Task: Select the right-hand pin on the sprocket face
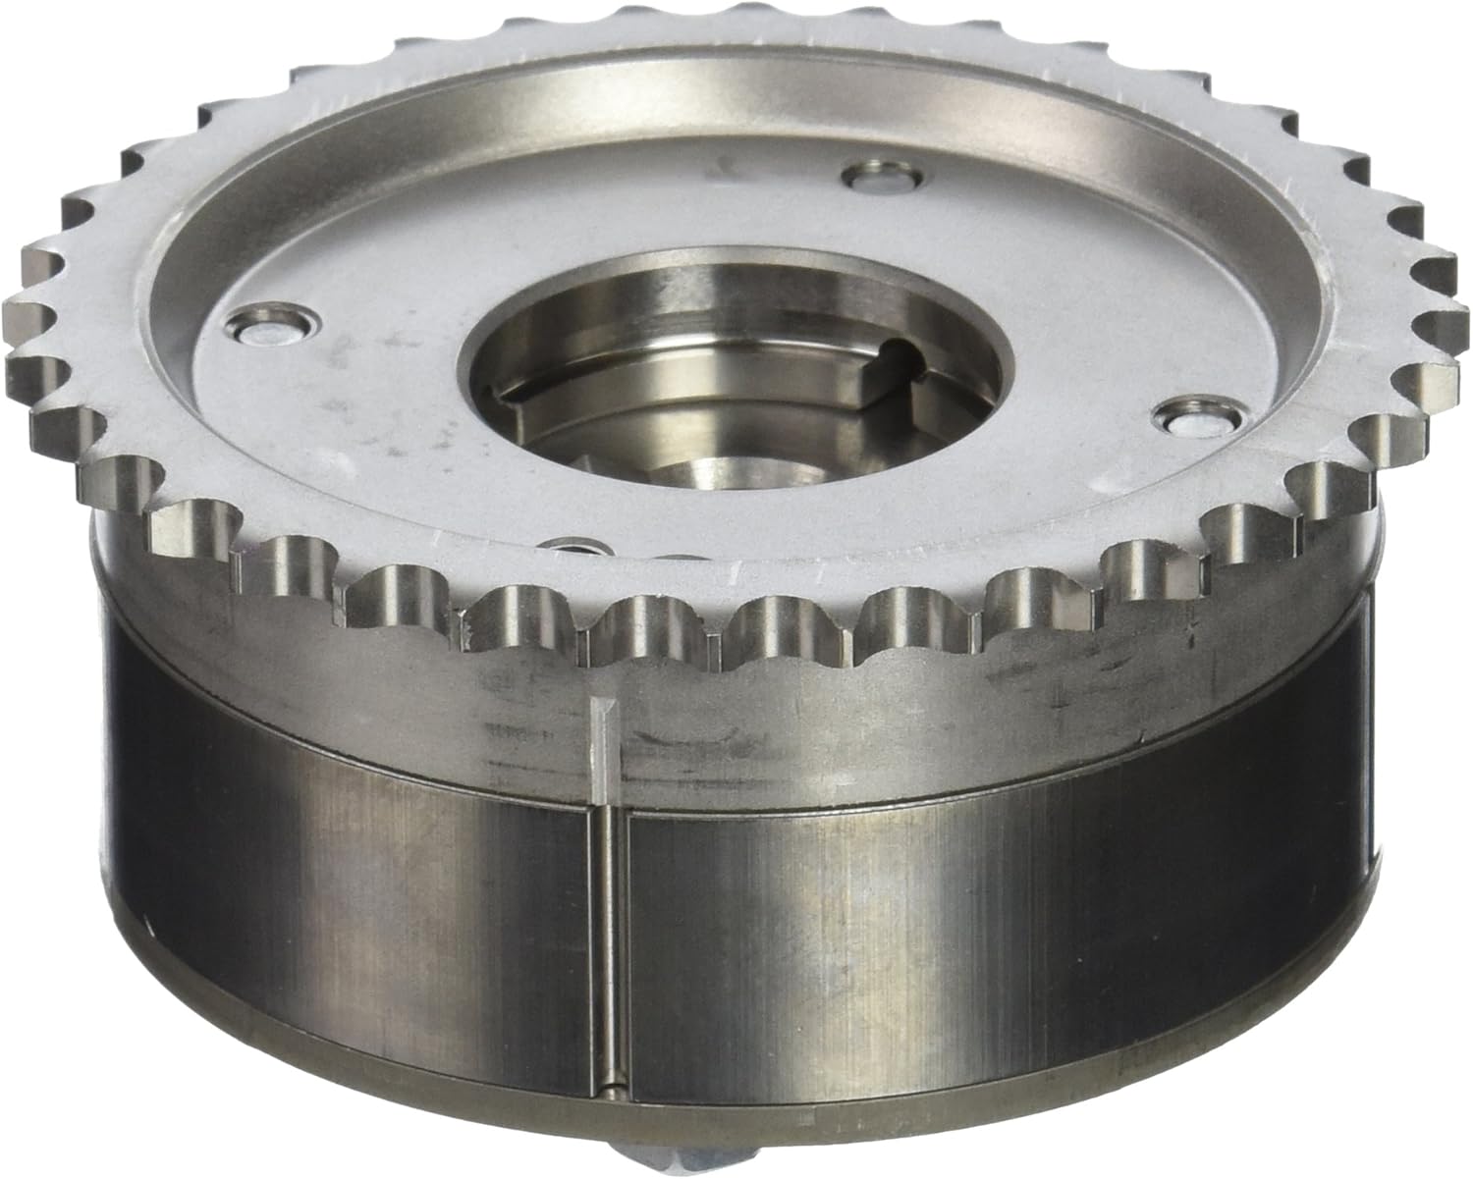tap(1192, 419)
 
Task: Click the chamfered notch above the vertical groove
tap(601, 732)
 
